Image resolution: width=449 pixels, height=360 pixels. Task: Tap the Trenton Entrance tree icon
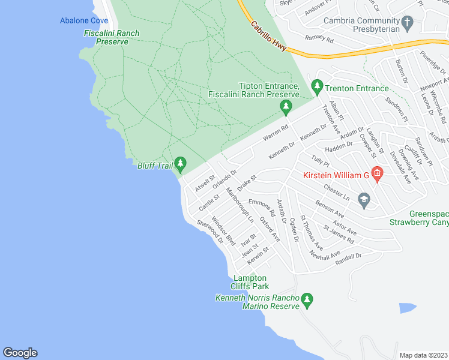point(317,88)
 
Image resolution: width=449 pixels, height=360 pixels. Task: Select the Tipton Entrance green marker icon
point(286,107)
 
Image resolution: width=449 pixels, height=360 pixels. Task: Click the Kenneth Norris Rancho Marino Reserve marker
point(307,299)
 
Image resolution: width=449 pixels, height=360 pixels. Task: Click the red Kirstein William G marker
point(377,175)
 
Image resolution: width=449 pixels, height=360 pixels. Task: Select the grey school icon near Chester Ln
point(364,200)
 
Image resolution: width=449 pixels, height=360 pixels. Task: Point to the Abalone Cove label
point(84,20)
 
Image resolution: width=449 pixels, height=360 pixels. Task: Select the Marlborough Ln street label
point(240,206)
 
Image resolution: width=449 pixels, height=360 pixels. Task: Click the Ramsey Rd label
point(319,38)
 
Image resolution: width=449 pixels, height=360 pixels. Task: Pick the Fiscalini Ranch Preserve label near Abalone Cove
point(112,37)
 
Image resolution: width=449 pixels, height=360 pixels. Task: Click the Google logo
point(20,353)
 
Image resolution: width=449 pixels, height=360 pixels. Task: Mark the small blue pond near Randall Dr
point(408,308)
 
